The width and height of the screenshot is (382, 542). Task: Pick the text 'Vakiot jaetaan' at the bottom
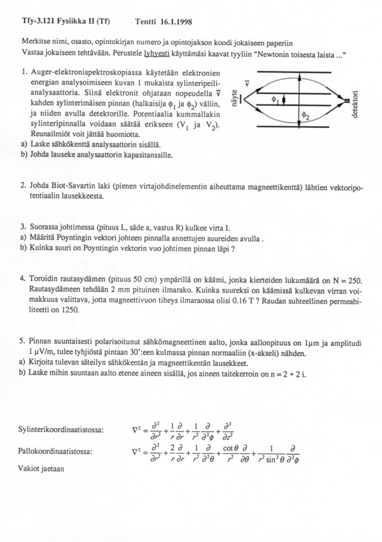(x=42, y=468)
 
